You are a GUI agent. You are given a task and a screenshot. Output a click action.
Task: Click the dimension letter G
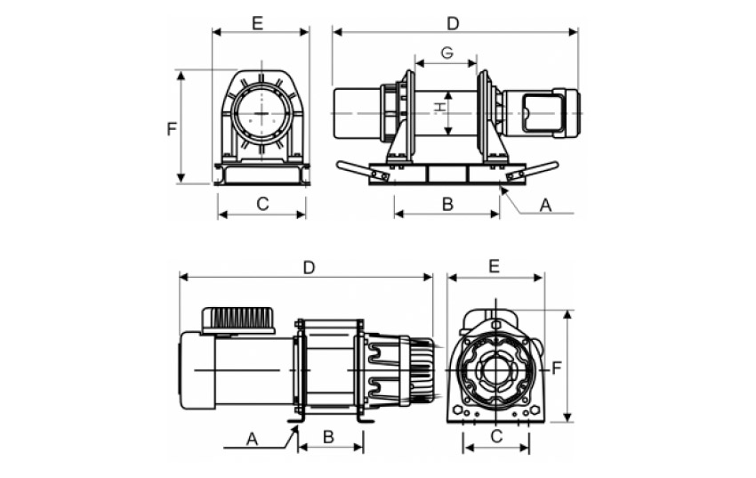pyautogui.click(x=446, y=53)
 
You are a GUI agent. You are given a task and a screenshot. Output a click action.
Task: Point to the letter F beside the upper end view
pyautogui.click(x=172, y=128)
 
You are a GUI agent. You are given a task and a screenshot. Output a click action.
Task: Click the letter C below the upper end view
pyautogui.click(x=262, y=204)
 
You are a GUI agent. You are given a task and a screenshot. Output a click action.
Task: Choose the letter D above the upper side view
pyautogui.click(x=453, y=21)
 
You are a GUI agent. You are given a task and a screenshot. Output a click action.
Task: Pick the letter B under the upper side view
pyautogui.click(x=447, y=204)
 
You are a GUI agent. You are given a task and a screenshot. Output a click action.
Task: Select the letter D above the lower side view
pyautogui.click(x=309, y=267)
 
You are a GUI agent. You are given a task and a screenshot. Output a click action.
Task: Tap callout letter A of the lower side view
pyautogui.click(x=252, y=438)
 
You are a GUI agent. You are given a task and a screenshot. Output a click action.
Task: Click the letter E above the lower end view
pyautogui.click(x=495, y=266)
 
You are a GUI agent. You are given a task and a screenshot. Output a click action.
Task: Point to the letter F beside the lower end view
pyautogui.click(x=556, y=367)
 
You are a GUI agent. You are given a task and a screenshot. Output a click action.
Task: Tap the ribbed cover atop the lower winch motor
pyautogui.click(x=238, y=319)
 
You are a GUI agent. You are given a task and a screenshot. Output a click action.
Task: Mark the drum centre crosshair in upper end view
pyautogui.click(x=262, y=115)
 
